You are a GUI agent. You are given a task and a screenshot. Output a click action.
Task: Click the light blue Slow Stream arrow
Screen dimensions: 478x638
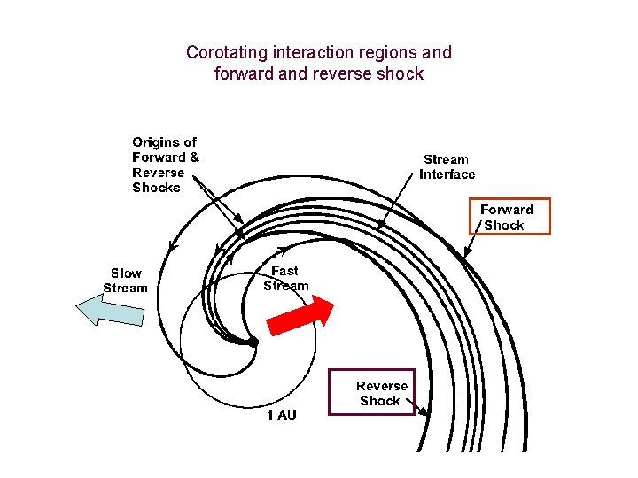110,311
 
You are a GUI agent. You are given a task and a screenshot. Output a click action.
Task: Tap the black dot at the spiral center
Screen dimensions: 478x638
253,342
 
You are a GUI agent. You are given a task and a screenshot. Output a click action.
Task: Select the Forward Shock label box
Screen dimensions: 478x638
509,217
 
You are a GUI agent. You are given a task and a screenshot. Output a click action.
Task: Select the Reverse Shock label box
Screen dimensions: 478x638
371,392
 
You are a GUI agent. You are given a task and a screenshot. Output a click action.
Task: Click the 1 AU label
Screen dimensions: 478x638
282,415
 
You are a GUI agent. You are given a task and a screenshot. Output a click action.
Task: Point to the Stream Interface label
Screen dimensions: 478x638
447,166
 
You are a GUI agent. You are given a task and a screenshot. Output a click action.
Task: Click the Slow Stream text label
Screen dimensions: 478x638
125,281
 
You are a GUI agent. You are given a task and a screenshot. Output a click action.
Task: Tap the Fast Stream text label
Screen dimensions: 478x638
285,278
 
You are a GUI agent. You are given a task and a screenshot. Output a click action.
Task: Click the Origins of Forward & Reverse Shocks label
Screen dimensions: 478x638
165,165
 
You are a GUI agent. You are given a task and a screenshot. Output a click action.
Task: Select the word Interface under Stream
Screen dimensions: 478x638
447,174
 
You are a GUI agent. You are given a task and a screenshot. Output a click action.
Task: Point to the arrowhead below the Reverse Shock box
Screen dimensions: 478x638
424,412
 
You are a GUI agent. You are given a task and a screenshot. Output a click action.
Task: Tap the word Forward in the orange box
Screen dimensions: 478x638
506,210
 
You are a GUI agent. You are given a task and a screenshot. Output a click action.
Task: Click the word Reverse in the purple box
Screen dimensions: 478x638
382,386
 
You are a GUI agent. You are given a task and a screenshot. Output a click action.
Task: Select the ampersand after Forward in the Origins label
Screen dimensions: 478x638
194,158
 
